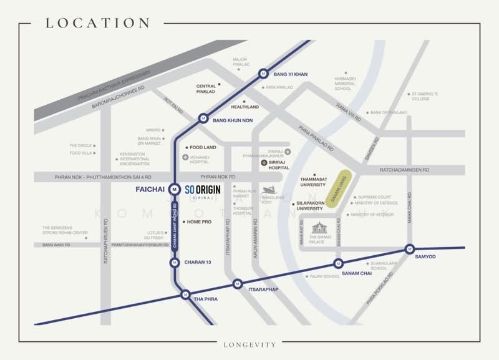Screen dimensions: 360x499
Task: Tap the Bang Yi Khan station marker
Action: (263, 74)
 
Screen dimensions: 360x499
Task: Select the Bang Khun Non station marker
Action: (203, 118)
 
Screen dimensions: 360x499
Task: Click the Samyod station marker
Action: (409, 248)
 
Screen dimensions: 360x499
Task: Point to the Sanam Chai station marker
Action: (338, 263)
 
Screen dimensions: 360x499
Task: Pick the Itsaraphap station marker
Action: (237, 284)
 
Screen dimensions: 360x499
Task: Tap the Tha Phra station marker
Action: (185, 294)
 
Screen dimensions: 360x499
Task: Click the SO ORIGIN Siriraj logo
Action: (203, 190)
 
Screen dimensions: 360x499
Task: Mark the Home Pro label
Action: (200, 222)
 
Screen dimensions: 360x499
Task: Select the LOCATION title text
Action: (97, 24)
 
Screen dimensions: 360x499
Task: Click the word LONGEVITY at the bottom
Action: (249, 344)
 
